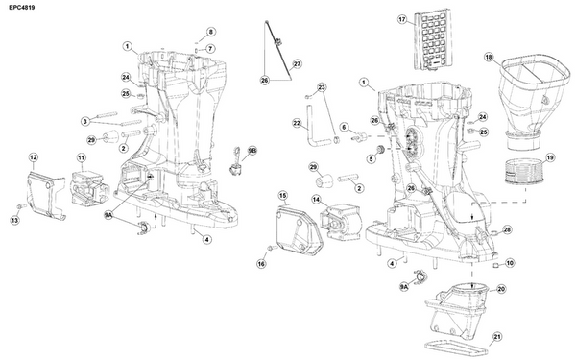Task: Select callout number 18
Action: (x=489, y=58)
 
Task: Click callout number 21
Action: (x=497, y=336)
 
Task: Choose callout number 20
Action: (x=501, y=288)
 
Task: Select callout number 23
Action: (x=323, y=87)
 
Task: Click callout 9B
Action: (x=253, y=151)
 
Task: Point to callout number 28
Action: (x=507, y=230)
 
